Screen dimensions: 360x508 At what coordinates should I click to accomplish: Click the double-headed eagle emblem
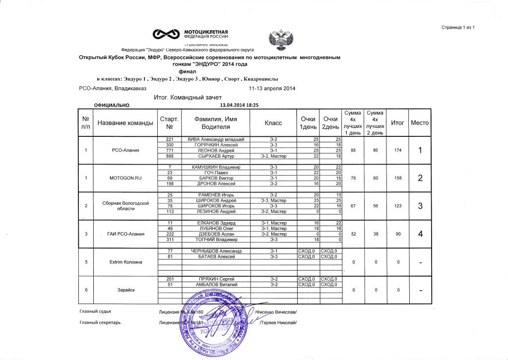[x=281, y=39]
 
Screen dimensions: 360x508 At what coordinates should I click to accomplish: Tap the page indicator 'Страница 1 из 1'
[x=458, y=27]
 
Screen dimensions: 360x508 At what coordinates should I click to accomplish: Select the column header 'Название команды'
[x=125, y=122]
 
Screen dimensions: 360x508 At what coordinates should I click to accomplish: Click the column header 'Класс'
[x=273, y=122]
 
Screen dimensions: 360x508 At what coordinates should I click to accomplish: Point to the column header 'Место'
[x=420, y=122]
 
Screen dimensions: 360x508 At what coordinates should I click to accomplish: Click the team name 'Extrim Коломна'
[x=125, y=262]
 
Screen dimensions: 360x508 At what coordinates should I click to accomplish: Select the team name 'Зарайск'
[x=125, y=290]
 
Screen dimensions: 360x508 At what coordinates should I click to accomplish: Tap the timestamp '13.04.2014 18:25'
[x=240, y=105]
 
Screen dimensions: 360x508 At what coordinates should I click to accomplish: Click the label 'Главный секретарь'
[x=100, y=322]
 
